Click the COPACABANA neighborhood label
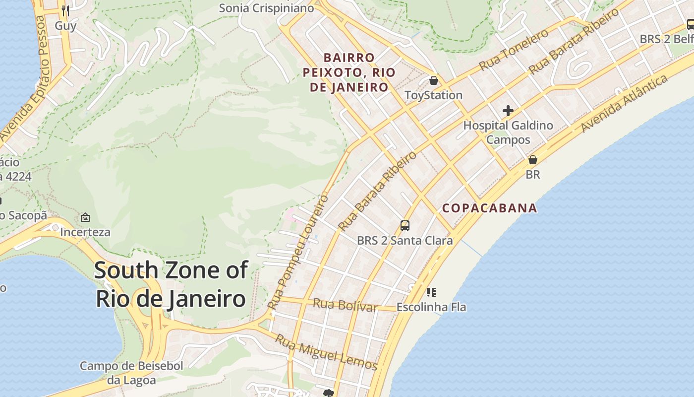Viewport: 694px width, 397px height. tap(489, 208)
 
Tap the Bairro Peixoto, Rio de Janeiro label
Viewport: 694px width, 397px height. tap(349, 73)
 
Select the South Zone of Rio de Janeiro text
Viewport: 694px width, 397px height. tap(171, 285)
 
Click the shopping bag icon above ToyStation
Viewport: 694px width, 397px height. tap(434, 80)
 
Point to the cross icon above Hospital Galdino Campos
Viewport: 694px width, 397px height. tap(508, 111)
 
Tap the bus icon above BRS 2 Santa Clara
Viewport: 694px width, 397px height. tap(405, 226)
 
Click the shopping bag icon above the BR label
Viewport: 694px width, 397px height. tap(533, 160)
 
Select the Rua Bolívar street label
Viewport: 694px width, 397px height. tap(346, 305)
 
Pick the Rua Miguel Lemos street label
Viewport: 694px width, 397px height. tap(326, 352)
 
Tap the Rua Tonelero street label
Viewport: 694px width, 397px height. tap(514, 50)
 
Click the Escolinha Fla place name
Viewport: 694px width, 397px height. tap(431, 307)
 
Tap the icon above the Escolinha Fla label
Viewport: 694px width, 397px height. tap(431, 292)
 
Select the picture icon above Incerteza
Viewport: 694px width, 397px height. tap(85, 217)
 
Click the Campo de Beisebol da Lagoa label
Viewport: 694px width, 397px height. tap(131, 373)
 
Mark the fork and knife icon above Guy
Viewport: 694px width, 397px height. tap(65, 10)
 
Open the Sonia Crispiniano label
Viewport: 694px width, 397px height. tap(266, 8)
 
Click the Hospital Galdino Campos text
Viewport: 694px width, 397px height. tap(508, 132)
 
